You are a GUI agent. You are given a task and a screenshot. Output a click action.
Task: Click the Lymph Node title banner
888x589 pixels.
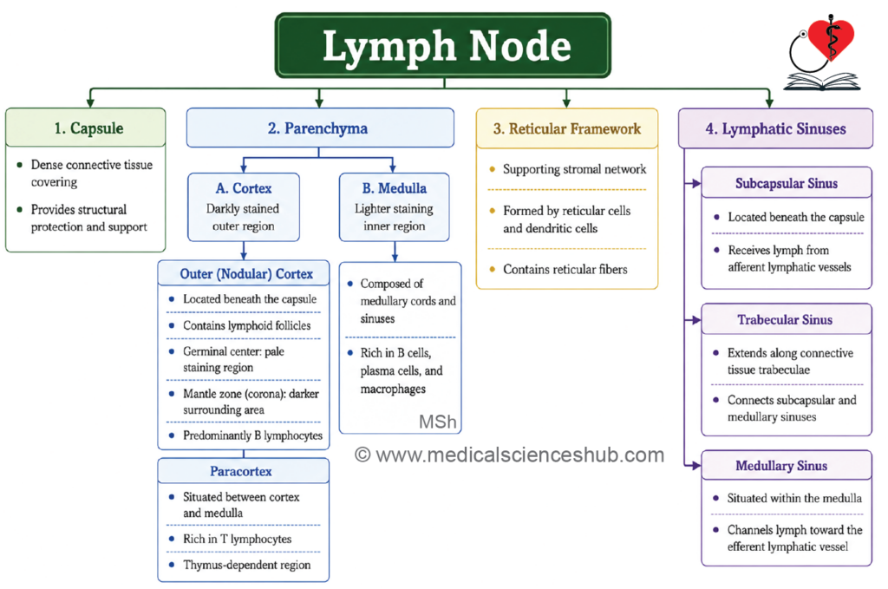443,45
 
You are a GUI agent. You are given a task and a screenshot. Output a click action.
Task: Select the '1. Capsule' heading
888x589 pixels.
89,128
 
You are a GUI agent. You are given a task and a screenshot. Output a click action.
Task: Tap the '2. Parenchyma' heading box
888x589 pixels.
320,128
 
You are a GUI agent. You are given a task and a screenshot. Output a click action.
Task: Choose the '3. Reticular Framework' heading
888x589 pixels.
567,128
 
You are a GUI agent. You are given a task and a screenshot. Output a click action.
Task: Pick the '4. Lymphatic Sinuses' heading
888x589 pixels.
775,128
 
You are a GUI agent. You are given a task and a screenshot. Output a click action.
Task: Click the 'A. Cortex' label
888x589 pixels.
244,188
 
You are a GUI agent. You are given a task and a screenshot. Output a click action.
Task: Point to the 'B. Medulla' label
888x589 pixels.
395,188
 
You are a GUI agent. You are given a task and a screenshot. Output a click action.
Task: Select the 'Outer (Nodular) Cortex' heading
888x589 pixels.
246,274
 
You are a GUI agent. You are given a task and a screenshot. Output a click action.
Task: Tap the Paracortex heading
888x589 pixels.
241,471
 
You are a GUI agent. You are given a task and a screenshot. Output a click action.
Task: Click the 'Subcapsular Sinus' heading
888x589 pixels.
786,184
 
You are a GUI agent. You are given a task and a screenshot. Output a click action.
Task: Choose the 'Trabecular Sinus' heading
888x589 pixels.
785,320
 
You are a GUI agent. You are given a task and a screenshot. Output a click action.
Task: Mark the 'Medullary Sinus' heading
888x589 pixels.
781,466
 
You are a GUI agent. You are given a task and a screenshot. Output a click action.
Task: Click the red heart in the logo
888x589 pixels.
831,38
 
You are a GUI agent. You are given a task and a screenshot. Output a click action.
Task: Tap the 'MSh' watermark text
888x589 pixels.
438,422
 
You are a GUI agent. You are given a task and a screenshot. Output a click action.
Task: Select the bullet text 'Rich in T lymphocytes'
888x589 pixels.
237,540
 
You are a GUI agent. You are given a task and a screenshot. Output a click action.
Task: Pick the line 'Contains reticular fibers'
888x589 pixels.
565,270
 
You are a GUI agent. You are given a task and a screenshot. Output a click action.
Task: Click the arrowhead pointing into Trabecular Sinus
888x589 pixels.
696,321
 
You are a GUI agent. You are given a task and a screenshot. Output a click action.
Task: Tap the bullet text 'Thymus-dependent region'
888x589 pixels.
246,566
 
